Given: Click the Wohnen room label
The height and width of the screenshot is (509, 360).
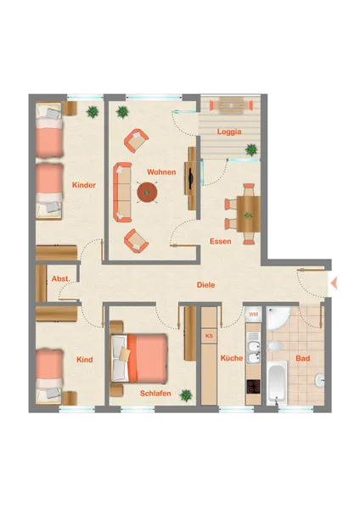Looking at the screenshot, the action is pyautogui.click(x=161, y=171).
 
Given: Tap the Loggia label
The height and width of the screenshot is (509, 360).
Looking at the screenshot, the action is pyautogui.click(x=229, y=131).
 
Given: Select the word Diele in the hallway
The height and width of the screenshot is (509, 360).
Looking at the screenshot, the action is pyautogui.click(x=205, y=285).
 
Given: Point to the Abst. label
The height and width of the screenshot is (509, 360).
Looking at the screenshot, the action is pyautogui.click(x=60, y=278).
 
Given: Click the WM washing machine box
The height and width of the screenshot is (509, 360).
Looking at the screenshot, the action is pyautogui.click(x=253, y=314).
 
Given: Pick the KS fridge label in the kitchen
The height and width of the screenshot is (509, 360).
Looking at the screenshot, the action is pyautogui.click(x=209, y=336).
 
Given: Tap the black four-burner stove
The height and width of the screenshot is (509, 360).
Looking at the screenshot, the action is pyautogui.click(x=253, y=386).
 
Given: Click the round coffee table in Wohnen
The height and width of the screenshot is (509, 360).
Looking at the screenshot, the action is pyautogui.click(x=147, y=193).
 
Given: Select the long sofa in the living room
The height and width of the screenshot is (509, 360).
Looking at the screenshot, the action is pyautogui.click(x=122, y=193).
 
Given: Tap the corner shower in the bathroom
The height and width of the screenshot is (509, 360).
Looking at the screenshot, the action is pyautogui.click(x=278, y=318).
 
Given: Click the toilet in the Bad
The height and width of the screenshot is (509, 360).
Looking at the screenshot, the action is pyautogui.click(x=274, y=346).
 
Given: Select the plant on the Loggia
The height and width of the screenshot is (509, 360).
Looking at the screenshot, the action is pyautogui.click(x=251, y=149).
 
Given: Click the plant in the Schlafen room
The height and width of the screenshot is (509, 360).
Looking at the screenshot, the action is pyautogui.click(x=186, y=395).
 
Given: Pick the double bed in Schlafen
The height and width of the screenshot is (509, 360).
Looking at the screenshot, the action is pyautogui.click(x=139, y=358).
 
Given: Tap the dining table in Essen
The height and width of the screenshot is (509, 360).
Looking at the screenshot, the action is pyautogui.click(x=249, y=214).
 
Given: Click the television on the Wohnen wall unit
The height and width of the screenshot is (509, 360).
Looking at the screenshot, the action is pyautogui.click(x=191, y=178).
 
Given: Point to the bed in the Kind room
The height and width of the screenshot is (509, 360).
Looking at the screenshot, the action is pyautogui.click(x=49, y=377).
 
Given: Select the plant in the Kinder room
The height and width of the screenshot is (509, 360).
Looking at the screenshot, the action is pyautogui.click(x=93, y=112).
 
